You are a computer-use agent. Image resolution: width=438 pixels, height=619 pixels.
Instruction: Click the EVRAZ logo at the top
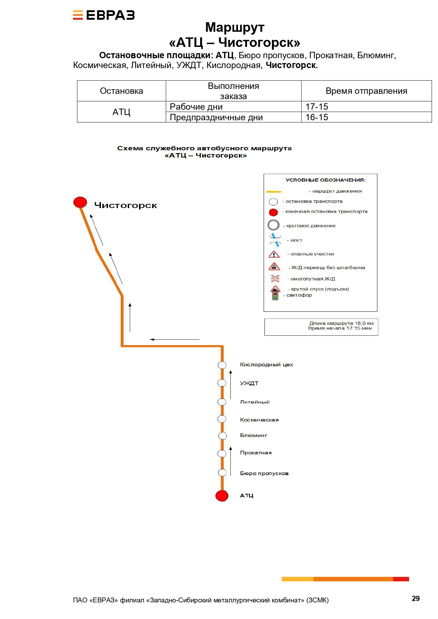tap(104, 15)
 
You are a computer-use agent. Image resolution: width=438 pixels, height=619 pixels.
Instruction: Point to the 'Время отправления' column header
tap(366, 91)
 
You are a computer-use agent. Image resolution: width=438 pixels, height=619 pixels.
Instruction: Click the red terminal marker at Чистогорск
tap(80, 202)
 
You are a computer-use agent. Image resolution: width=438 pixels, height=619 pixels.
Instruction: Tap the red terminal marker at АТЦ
tap(222, 496)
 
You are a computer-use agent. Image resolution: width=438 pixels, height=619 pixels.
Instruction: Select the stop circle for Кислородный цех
tap(222, 365)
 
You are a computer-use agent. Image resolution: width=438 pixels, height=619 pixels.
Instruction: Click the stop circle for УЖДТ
tap(222, 383)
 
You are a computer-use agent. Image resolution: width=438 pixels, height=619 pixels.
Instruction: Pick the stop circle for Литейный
tap(222, 402)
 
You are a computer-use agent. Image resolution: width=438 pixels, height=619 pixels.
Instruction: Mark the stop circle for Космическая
tap(222, 419)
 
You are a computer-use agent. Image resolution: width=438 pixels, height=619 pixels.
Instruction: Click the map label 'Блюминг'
tap(253, 435)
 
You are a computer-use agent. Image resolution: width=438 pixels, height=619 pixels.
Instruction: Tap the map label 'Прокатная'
tap(256, 453)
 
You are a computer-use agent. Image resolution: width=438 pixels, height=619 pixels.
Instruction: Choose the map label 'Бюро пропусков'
tap(264, 473)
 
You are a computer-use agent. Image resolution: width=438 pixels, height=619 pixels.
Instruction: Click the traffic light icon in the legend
tap(275, 296)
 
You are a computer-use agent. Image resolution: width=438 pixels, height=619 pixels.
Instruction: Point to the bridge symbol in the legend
tap(275, 240)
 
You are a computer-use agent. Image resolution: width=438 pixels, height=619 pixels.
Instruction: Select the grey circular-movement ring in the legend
tap(274, 225)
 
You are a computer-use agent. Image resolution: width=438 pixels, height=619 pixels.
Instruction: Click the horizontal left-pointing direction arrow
tap(174, 339)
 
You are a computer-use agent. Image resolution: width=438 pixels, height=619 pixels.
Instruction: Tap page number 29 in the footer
tap(416, 598)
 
